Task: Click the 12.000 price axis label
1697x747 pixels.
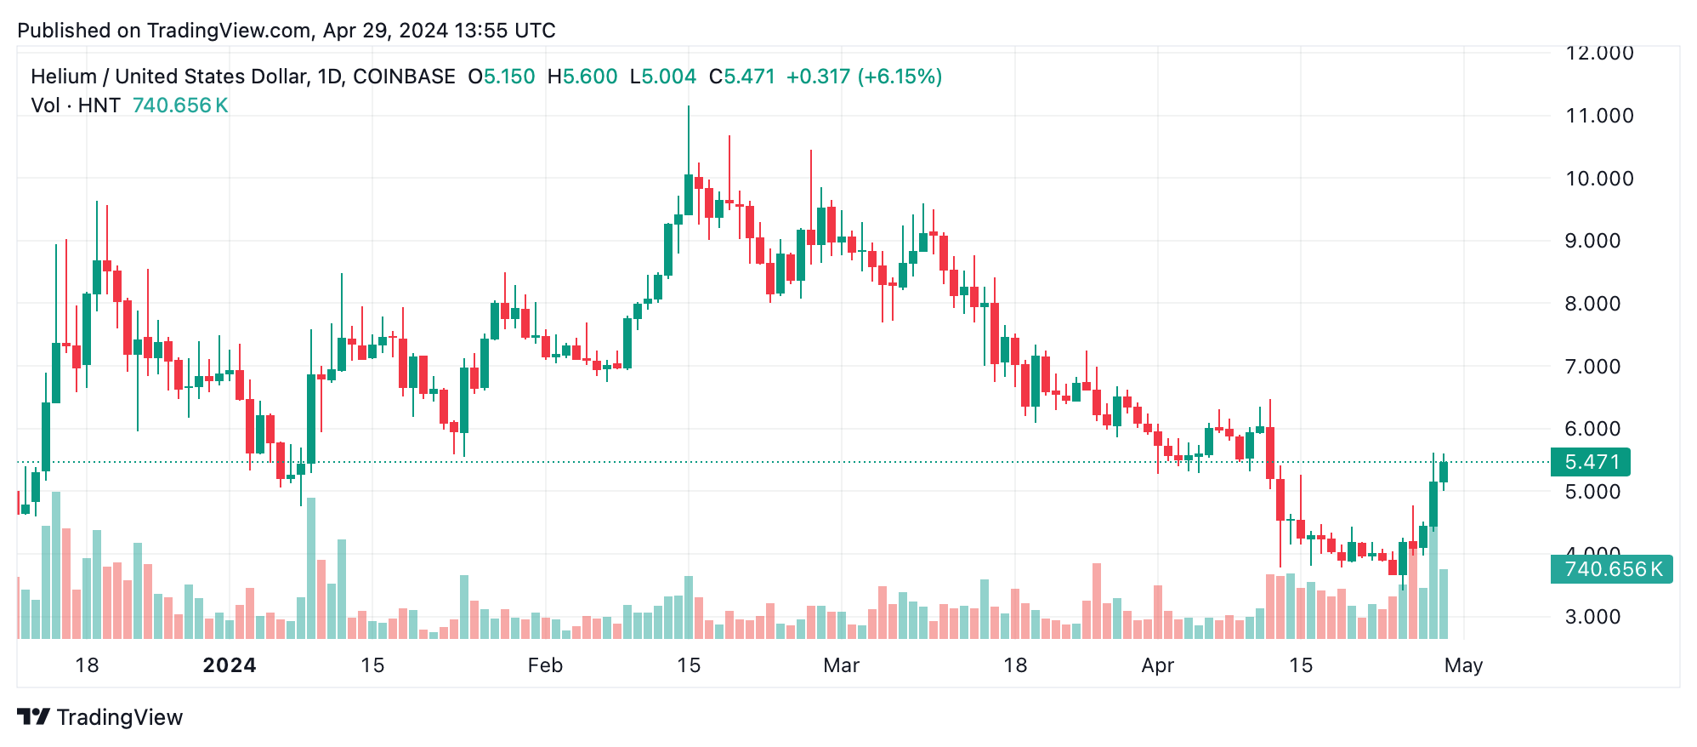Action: point(1598,53)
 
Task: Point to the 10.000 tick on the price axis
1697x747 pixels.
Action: point(1598,179)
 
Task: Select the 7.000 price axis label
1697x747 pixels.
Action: point(1592,367)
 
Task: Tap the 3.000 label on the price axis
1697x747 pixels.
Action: point(1592,617)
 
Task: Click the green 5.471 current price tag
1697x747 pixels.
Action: point(1590,462)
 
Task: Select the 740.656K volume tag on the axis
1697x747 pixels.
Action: point(1611,569)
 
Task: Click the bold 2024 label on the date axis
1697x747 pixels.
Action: point(230,665)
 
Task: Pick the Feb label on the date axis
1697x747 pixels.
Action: point(545,665)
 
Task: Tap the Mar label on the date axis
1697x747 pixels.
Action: point(841,665)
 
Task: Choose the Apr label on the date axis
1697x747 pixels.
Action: point(1157,665)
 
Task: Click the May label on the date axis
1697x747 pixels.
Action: point(1462,665)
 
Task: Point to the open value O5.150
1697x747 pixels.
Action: point(502,77)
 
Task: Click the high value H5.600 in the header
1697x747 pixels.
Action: point(582,77)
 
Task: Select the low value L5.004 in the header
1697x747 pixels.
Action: point(663,77)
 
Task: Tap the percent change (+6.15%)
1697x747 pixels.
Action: point(900,77)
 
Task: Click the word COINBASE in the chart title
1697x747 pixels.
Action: point(404,77)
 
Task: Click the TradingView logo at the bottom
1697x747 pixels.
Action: point(100,717)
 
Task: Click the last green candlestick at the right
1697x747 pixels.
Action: point(1444,472)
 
